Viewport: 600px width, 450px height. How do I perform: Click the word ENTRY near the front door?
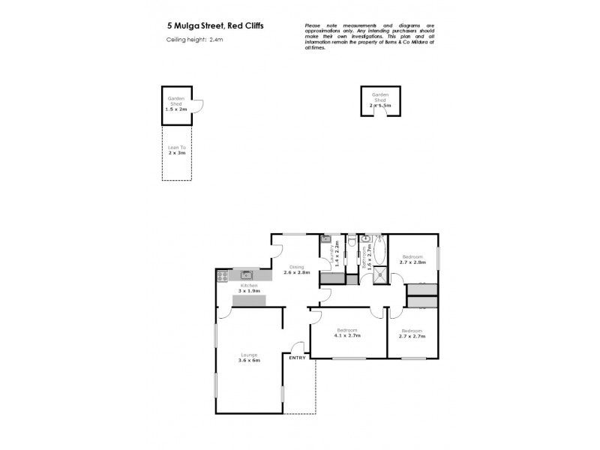pyautogui.click(x=297, y=358)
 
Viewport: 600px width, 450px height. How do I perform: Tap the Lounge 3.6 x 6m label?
pyautogui.click(x=248, y=358)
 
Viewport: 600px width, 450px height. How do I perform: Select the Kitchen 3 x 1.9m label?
pyautogui.click(x=248, y=289)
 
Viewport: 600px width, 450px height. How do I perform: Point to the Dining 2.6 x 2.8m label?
pyautogui.click(x=296, y=270)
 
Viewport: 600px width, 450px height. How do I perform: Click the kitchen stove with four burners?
pyautogui.click(x=222, y=277)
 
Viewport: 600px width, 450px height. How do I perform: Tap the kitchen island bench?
pyautogui.click(x=249, y=300)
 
